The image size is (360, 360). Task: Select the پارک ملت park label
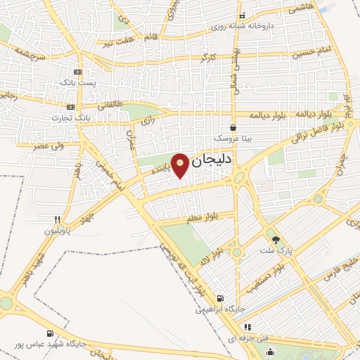(x=275, y=251)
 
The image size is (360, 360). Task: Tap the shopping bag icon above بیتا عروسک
(x=232, y=128)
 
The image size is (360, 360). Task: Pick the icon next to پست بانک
(x=77, y=72)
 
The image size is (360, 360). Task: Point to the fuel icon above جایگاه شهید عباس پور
(x=49, y=333)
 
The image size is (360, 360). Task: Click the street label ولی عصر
(x=48, y=146)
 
